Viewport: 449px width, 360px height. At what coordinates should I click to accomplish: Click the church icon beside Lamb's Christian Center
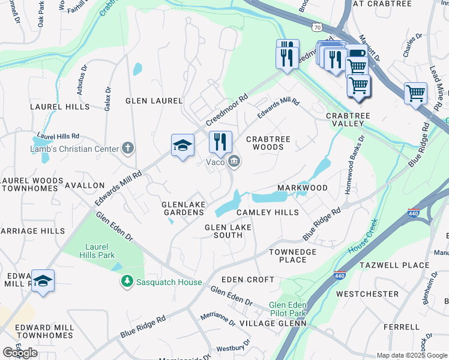coord(127,148)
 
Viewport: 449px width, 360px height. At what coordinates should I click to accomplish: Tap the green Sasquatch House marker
coord(127,281)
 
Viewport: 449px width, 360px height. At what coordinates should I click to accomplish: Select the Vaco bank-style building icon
coord(234,161)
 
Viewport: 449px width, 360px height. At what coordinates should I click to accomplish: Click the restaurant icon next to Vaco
coord(220,142)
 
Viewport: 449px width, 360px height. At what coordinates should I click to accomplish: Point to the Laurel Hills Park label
coord(96,250)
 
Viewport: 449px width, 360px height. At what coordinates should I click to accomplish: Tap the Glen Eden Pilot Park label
coord(288,308)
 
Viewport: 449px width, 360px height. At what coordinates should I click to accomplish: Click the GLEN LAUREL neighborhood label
coord(153,101)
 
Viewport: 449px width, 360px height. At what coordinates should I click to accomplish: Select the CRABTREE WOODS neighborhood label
coord(268,143)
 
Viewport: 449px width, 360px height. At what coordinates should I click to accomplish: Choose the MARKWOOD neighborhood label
coord(303,188)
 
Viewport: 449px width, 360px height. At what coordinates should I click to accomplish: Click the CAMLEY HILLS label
coord(267,212)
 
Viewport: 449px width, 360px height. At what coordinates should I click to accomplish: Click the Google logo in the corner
coord(20,353)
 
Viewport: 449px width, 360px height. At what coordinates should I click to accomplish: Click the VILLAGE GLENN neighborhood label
coord(273,323)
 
